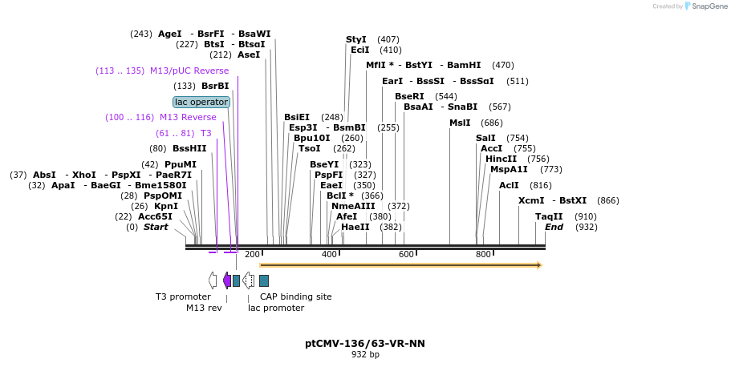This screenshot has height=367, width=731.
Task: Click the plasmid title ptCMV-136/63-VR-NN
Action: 365,344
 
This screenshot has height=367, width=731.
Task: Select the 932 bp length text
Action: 365,355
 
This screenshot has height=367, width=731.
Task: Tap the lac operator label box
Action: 201,102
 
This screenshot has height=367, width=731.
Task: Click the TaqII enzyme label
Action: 549,216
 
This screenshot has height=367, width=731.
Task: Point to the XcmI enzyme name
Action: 531,200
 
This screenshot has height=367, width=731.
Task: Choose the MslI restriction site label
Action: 460,123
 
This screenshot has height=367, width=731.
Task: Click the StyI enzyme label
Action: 356,39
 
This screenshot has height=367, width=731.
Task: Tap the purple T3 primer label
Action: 205,133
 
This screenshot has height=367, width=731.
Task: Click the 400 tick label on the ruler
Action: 329,255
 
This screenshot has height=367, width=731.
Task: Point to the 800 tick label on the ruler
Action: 483,255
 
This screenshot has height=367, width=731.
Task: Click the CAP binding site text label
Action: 295,296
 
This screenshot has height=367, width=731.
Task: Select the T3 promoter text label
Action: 182,296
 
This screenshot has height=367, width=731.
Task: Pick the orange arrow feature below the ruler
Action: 400,264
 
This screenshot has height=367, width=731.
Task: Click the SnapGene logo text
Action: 709,6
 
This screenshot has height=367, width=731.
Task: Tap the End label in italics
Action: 554,227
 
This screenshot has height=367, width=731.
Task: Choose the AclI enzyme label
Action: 509,185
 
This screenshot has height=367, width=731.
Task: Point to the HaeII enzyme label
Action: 355,227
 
